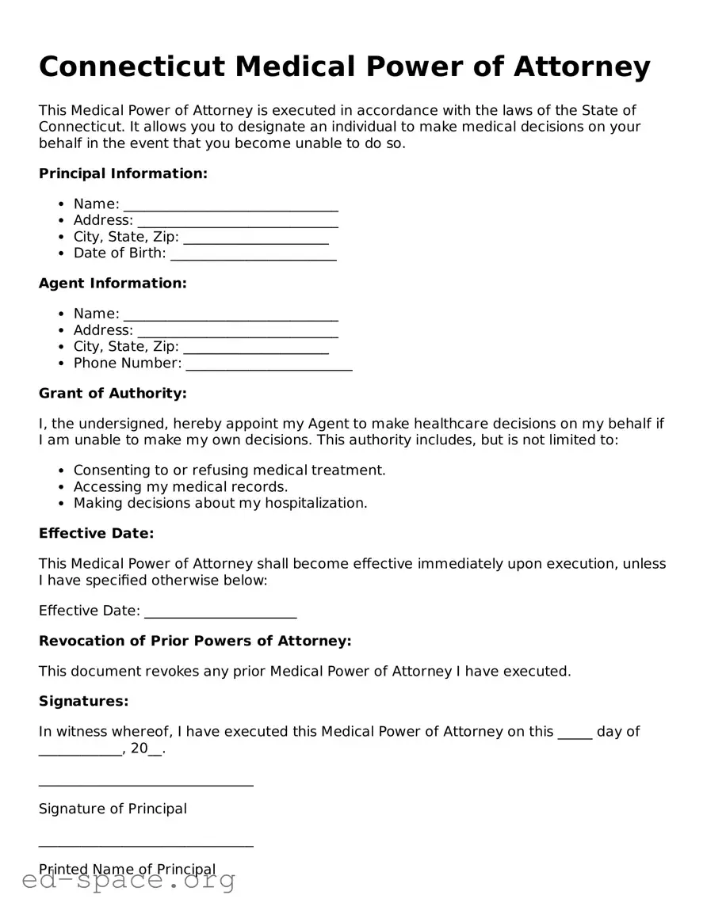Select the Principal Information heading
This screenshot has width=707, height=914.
pyautogui.click(x=123, y=173)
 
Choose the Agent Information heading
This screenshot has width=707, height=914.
pyautogui.click(x=113, y=284)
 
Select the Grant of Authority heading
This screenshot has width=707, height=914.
pyautogui.click(x=113, y=394)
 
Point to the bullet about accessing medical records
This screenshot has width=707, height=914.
pyautogui.click(x=181, y=487)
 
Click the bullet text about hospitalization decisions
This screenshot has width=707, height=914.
pyautogui.click(x=220, y=504)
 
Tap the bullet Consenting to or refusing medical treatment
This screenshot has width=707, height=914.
pyautogui.click(x=229, y=470)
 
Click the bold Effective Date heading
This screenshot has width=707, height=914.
pyautogui.click(x=96, y=534)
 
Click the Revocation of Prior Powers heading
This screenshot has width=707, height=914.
pyautogui.click(x=195, y=641)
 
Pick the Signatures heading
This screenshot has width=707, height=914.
pyautogui.click(x=83, y=702)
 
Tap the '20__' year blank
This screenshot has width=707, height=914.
pyautogui.click(x=147, y=748)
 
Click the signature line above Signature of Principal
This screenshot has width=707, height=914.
pyautogui.click(x=146, y=784)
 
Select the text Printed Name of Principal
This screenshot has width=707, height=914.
pyautogui.click(x=127, y=870)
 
